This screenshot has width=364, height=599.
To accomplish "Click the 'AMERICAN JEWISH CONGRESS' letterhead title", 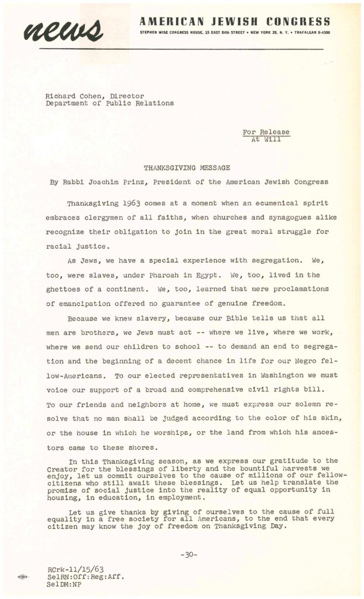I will pos(234,22).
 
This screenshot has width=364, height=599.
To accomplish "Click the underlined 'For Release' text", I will pos(266,132).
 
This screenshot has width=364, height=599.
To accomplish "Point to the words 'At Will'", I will pos(266,140).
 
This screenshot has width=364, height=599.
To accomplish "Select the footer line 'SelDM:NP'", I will pos(64,583).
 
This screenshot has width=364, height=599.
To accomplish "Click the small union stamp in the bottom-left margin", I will pos(22,577).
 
